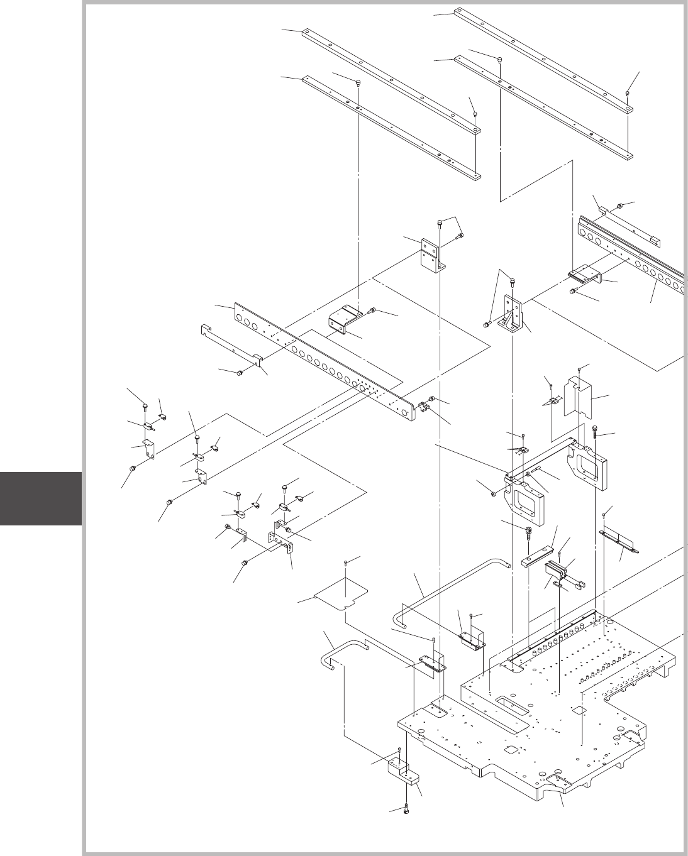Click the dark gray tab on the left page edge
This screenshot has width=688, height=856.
41,498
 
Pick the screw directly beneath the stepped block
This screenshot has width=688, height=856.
407,809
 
